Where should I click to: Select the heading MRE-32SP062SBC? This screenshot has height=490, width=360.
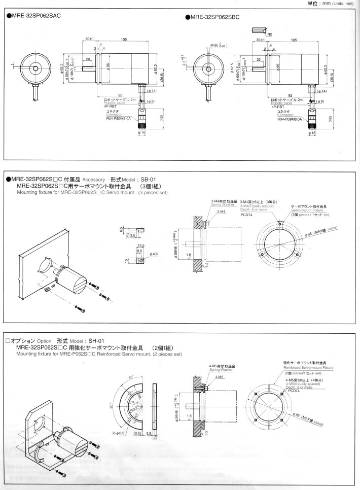point(215,17)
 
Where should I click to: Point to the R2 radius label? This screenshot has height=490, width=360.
point(270,35)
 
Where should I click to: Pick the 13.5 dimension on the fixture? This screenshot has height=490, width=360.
point(141,245)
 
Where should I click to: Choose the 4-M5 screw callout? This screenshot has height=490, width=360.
point(219,377)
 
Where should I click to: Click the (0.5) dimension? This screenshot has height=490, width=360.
point(137,434)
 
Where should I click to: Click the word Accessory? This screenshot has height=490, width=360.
point(94,180)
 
